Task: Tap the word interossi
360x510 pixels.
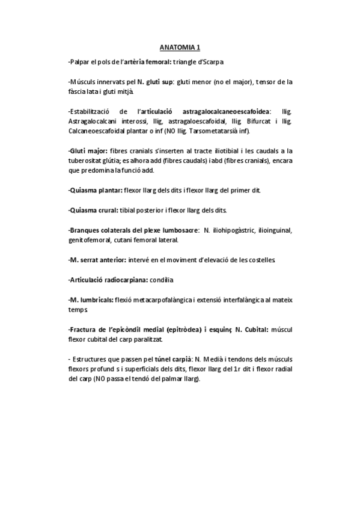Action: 136,121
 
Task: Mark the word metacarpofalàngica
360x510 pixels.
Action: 163,299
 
